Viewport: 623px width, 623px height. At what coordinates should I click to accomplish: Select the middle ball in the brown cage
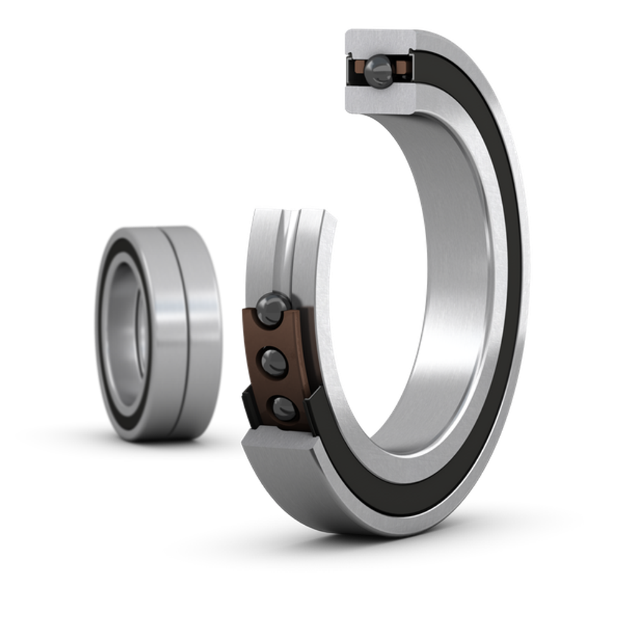[272, 361]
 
